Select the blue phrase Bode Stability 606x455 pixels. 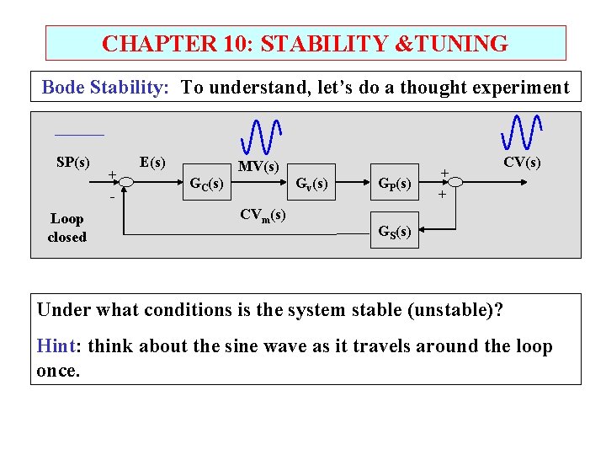click(x=107, y=87)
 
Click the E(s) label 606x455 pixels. click(x=152, y=161)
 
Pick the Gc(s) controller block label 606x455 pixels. click(x=206, y=183)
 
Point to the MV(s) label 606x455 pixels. click(x=258, y=167)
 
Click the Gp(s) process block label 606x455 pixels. click(x=394, y=183)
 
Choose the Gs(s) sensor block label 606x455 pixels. click(x=394, y=231)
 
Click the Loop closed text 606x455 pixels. click(x=66, y=227)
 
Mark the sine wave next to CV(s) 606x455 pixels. click(x=521, y=131)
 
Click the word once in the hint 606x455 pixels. click(x=58, y=371)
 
